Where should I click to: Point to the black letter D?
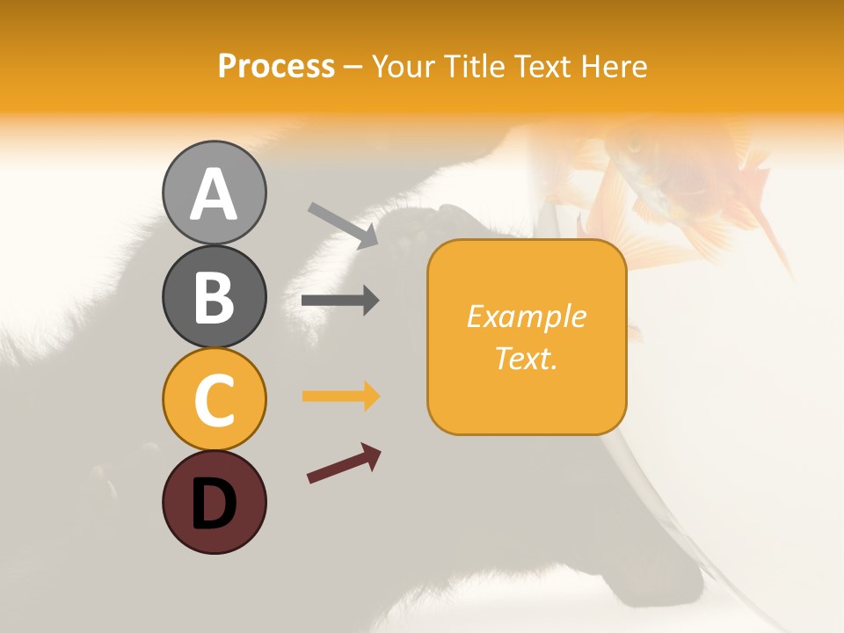[215, 505]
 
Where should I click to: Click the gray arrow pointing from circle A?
[343, 225]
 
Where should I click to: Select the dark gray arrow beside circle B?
[340, 301]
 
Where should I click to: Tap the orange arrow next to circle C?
[340, 397]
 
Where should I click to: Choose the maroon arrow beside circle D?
[344, 463]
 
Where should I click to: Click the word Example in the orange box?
[527, 316]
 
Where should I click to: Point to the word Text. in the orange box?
[527, 359]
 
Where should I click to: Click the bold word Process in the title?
[276, 66]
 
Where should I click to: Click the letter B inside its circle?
[215, 297]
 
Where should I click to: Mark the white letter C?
[215, 400]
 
